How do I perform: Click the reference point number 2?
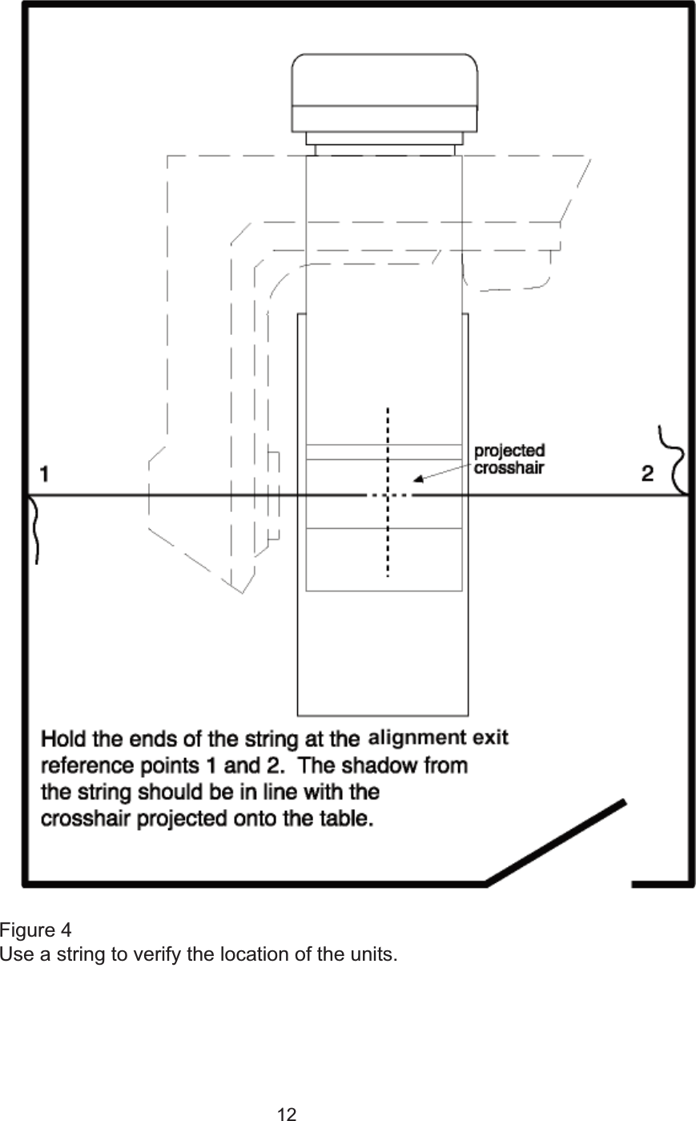pos(648,474)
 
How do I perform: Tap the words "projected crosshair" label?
pos(509,458)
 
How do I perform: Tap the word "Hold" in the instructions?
pos(63,736)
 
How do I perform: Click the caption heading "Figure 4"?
pos(35,931)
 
